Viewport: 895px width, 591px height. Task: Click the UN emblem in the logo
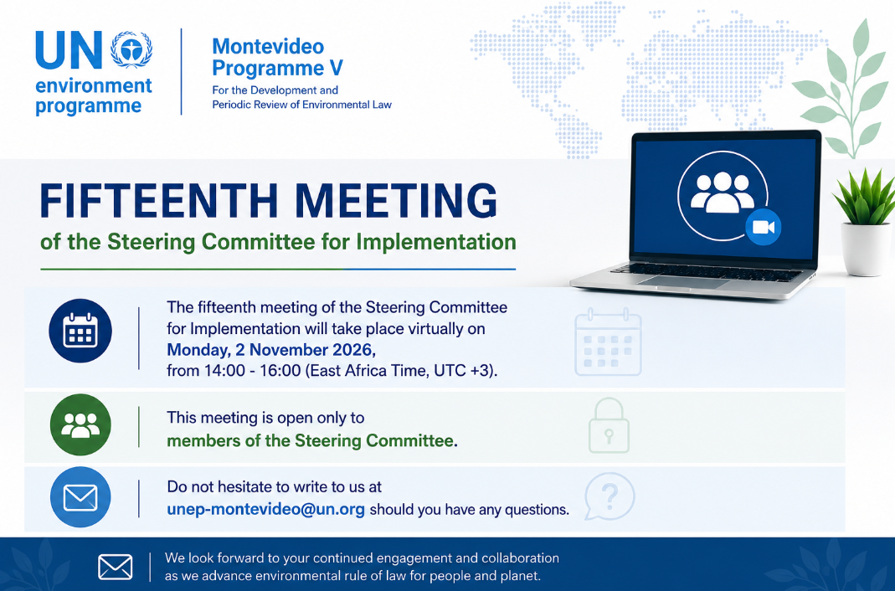[x=131, y=49]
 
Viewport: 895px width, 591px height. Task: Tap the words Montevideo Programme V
[x=277, y=57]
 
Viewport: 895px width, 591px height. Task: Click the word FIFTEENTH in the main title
[x=159, y=201]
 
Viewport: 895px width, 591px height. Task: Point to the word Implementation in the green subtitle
[x=436, y=242]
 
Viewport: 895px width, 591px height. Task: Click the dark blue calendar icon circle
[x=80, y=331]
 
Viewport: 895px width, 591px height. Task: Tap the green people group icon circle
[x=80, y=425]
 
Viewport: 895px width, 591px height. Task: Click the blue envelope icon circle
[x=80, y=497]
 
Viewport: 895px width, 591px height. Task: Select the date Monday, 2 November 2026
[x=270, y=350]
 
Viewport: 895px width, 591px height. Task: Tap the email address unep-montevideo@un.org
[x=266, y=510]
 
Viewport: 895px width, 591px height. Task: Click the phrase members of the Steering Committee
[x=311, y=441]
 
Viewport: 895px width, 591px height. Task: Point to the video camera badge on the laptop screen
[x=764, y=227]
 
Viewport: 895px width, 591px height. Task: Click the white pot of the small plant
[x=867, y=249]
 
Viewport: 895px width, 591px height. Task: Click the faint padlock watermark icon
[x=609, y=426]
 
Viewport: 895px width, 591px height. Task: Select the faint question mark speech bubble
[x=610, y=496]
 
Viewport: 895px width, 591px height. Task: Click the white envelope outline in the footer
[x=116, y=567]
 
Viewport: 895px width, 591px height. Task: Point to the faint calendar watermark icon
[x=609, y=342]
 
